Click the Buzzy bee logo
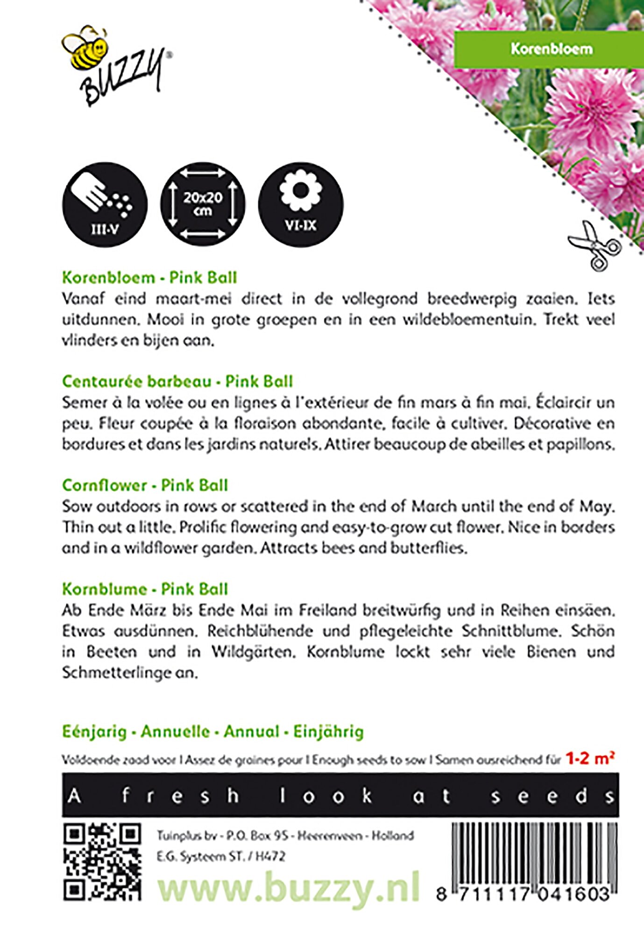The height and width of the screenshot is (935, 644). tap(114, 65)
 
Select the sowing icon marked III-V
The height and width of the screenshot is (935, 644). tap(105, 205)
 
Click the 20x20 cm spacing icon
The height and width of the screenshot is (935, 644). tap(203, 205)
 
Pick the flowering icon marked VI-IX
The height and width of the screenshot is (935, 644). tap(301, 205)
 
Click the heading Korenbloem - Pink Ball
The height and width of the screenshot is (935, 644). tap(149, 278)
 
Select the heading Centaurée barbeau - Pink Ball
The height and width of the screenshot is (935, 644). tap(177, 381)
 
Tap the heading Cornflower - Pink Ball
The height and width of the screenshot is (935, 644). tap(145, 485)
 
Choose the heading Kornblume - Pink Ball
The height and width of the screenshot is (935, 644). tap(145, 589)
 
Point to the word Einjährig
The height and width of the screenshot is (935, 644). tap(328, 732)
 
